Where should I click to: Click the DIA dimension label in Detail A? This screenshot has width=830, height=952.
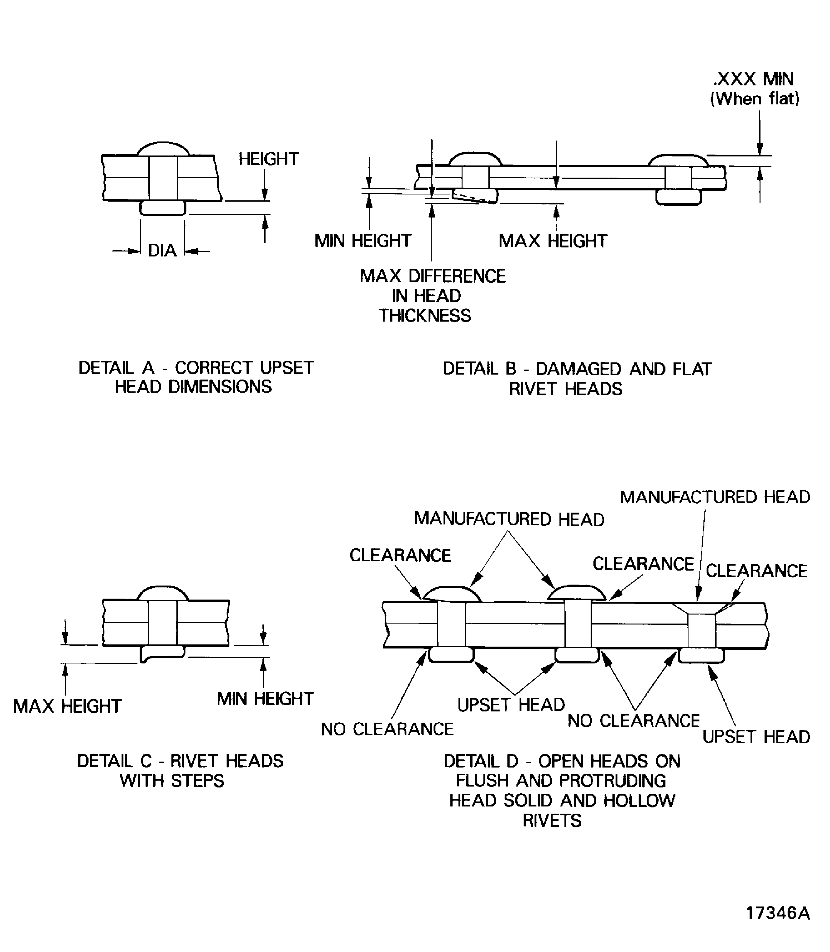tap(162, 251)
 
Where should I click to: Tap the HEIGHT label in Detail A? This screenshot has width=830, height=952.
tap(268, 159)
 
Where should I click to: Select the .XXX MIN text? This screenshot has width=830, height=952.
tap(754, 79)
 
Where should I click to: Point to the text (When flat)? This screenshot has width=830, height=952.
tap(755, 98)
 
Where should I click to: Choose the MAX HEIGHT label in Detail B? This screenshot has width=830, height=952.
tap(553, 241)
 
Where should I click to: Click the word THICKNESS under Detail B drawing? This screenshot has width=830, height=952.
tap(425, 316)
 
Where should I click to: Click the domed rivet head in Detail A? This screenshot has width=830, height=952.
tap(163, 149)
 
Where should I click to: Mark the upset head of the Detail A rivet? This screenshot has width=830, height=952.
tap(163, 208)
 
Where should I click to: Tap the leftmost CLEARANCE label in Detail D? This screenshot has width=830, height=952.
tap(400, 555)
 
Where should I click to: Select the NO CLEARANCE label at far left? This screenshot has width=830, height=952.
tap(387, 729)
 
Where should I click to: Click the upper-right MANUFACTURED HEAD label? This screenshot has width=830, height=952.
tap(715, 497)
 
